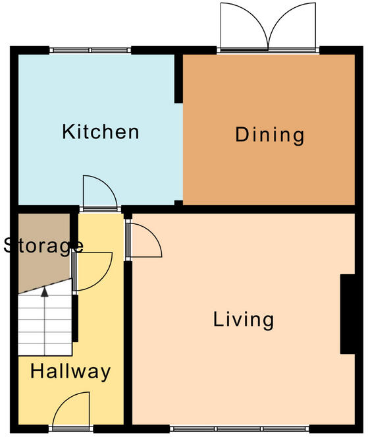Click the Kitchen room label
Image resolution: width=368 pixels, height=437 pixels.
(x=101, y=132)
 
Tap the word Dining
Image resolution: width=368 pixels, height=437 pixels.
(x=269, y=136)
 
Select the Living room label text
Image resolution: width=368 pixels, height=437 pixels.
(x=244, y=320)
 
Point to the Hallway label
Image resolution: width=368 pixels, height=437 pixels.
(x=70, y=372)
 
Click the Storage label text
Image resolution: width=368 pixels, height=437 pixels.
(x=43, y=247)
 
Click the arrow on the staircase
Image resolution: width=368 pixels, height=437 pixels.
(x=45, y=292)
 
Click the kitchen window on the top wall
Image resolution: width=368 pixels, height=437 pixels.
(x=90, y=51)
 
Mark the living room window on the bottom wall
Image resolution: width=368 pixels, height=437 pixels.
(x=240, y=428)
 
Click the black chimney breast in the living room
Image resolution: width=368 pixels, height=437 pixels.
(x=348, y=314)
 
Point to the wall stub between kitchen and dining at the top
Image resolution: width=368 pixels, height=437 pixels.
(x=178, y=78)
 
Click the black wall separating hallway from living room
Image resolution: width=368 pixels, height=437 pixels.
(x=128, y=343)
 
